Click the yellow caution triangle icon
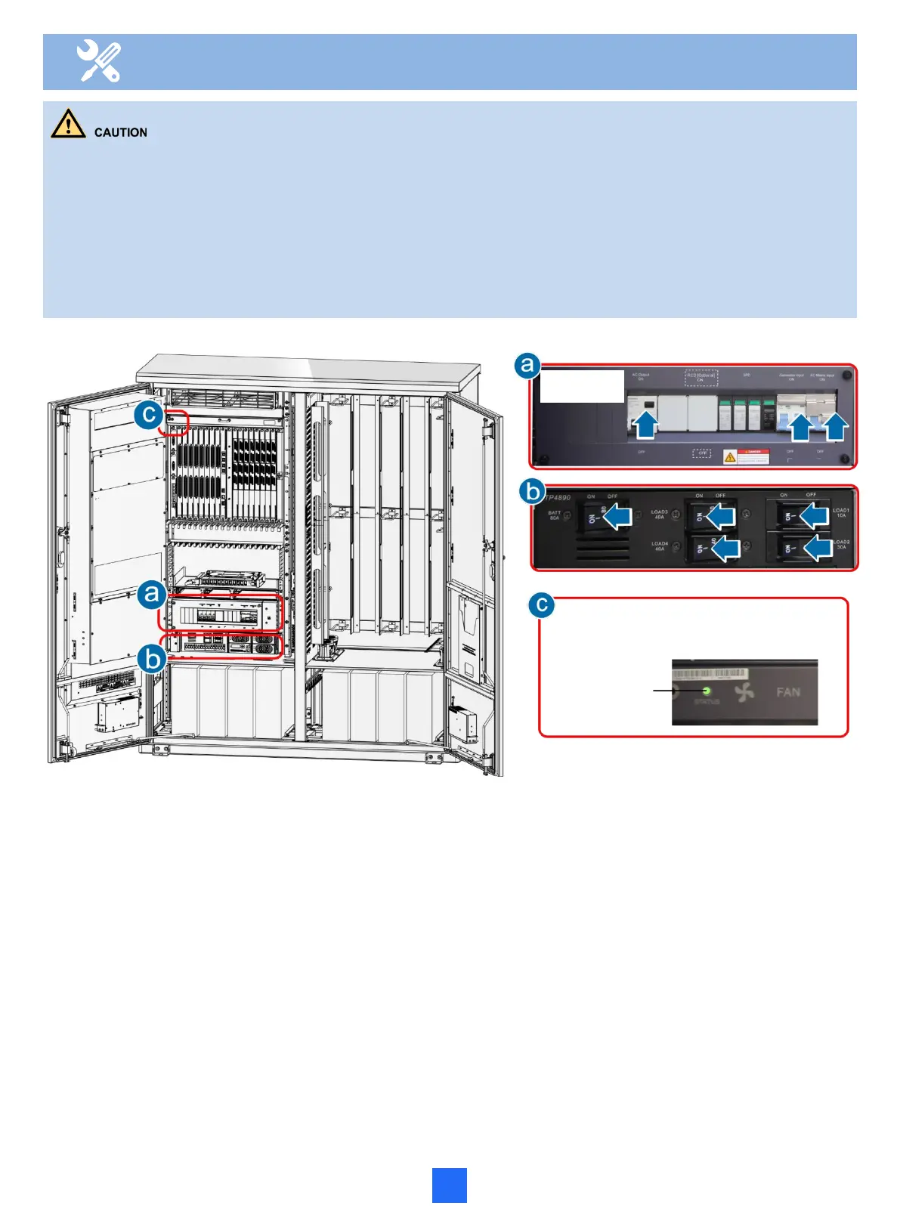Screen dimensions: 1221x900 68,124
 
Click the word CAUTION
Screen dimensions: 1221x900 121,133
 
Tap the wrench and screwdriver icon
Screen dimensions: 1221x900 99,61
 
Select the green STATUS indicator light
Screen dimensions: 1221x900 707,691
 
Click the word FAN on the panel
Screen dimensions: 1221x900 787,692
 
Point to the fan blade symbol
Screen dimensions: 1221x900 745,690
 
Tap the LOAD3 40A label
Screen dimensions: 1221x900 660,515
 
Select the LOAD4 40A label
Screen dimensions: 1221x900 660,546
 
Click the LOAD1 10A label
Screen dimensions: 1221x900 841,512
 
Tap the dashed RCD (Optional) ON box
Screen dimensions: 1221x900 701,377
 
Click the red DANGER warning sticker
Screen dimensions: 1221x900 747,456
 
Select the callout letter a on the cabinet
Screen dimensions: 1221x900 152,594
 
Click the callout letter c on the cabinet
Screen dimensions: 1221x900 150,414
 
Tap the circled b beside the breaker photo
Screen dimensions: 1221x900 533,493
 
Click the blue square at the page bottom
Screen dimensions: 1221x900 449,1185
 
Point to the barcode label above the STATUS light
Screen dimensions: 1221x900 710,673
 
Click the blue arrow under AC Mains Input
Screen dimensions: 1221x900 835,428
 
